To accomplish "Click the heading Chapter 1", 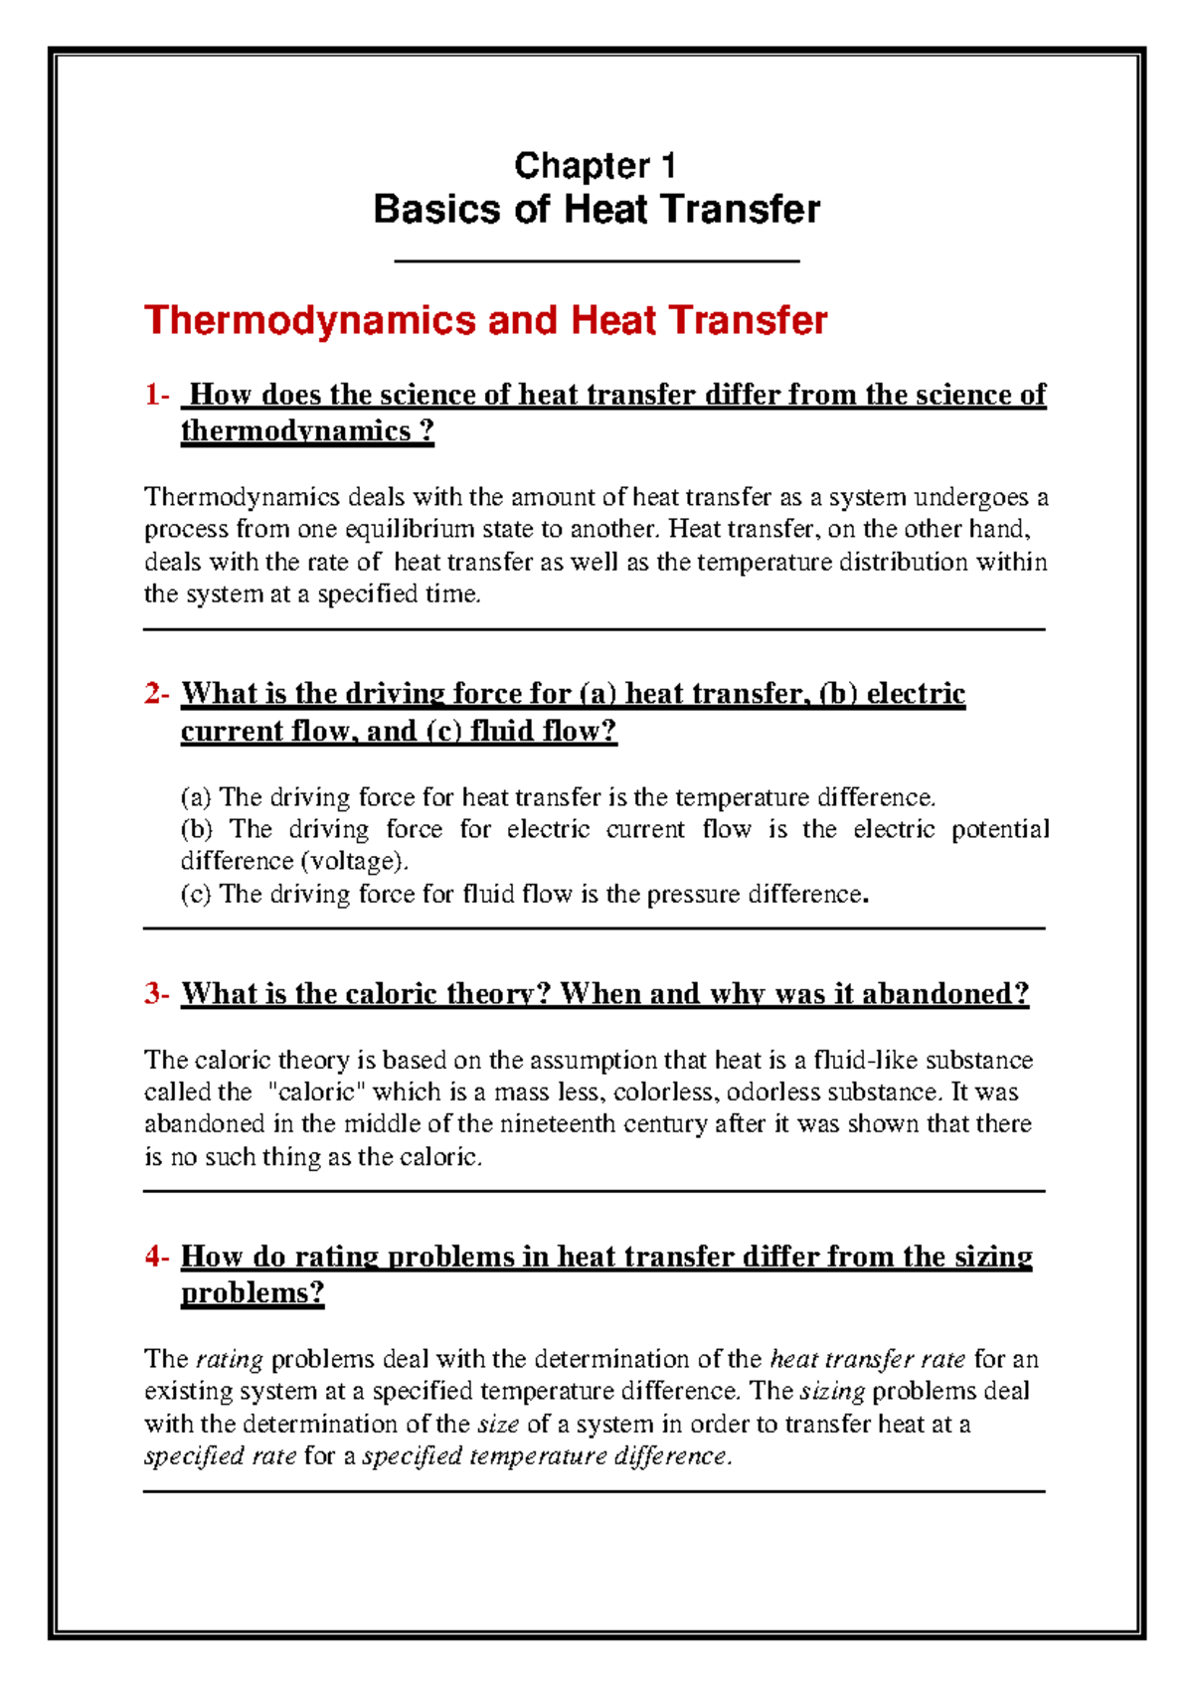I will point(596,165).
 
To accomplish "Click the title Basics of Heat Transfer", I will point(596,210).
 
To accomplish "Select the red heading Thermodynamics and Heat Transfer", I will point(485,320).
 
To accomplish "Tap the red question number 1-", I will point(157,395).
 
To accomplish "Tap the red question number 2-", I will point(157,693).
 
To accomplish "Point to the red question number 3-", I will point(157,993).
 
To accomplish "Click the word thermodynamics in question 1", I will point(295,431).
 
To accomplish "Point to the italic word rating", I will point(230,1359).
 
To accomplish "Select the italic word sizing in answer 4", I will point(832,1391).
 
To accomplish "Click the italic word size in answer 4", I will point(499,1425).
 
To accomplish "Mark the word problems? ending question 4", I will point(253,1293).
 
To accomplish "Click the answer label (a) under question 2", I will point(196,797).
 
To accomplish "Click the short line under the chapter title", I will point(596,261).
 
